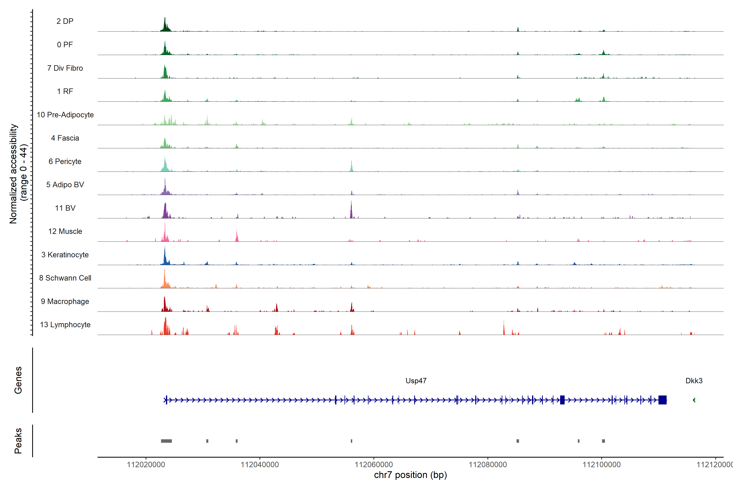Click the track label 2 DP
tap(65, 21)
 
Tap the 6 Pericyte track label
tap(65, 162)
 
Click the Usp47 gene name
tap(416, 381)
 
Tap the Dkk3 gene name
tap(694, 381)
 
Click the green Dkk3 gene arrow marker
tap(694, 400)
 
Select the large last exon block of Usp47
tap(662, 400)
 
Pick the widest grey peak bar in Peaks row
tap(166, 441)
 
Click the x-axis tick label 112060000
tap(374, 465)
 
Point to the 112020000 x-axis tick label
tap(146, 465)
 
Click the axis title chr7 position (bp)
tap(410, 475)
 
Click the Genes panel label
tap(18, 380)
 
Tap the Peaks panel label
tap(18, 441)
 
